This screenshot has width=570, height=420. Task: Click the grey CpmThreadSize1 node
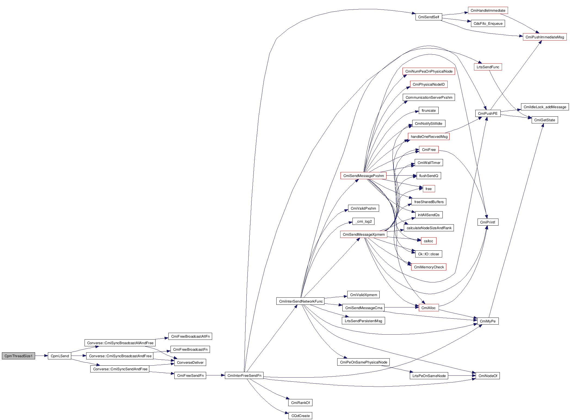[18, 356]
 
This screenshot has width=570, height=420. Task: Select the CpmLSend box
[60, 356]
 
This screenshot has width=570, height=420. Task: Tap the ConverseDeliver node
[190, 362]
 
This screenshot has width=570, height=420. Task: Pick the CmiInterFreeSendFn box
[244, 375]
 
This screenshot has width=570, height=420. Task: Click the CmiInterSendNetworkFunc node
[301, 301]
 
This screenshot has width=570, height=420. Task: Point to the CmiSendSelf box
[429, 17]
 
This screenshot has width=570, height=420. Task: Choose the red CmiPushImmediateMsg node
[545, 37]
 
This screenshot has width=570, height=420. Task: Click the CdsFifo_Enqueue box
[488, 23]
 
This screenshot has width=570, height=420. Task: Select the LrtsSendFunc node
[488, 67]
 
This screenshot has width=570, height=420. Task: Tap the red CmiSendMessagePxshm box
[363, 176]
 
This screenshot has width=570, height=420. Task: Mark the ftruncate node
[429, 110]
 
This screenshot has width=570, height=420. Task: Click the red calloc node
[429, 241]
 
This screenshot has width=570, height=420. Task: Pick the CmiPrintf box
[488, 222]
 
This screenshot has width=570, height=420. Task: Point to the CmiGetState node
[545, 120]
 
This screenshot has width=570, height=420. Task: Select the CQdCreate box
[300, 416]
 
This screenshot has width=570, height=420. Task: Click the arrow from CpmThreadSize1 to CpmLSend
[41, 356]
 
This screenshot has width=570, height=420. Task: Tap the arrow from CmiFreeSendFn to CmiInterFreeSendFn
[215, 375]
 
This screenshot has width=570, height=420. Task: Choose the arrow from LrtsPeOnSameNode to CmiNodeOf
[462, 376]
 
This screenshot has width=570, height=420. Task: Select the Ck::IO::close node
[429, 254]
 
